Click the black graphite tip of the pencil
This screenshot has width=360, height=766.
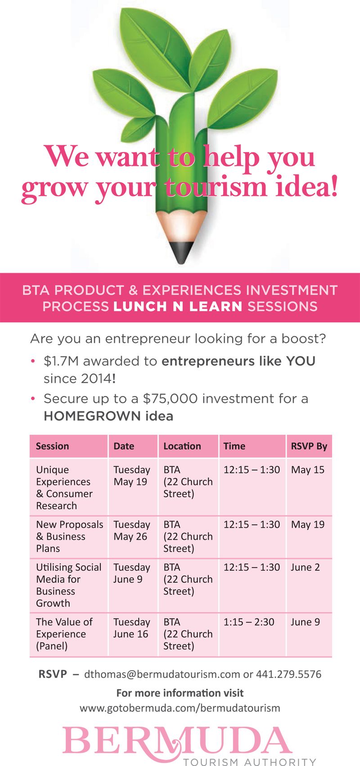pyautogui.click(x=181, y=252)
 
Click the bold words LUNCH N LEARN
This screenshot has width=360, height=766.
pyautogui.click(x=178, y=306)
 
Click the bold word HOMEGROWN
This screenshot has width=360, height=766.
pyautogui.click(x=92, y=416)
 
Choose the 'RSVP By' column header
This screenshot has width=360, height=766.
pyautogui.click(x=309, y=446)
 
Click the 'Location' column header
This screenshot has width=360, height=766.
pyautogui.click(x=182, y=446)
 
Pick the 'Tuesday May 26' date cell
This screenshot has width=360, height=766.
pyautogui.click(x=132, y=531)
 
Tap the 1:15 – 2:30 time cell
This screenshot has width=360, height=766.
pyautogui.click(x=249, y=622)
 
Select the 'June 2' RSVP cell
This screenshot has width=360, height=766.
pyautogui.click(x=305, y=568)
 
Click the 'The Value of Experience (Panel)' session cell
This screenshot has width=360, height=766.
pyautogui.click(x=64, y=634)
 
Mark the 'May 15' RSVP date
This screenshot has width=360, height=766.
pyautogui.click(x=308, y=470)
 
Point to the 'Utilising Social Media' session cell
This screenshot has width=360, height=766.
pyautogui.click(x=69, y=585)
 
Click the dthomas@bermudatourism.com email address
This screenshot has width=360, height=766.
pyautogui.click(x=162, y=674)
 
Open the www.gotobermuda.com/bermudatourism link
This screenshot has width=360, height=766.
pyautogui.click(x=180, y=708)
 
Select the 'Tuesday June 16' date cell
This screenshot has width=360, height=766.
pyautogui.click(x=132, y=628)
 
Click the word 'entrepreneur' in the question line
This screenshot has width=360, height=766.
pyautogui.click(x=148, y=339)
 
